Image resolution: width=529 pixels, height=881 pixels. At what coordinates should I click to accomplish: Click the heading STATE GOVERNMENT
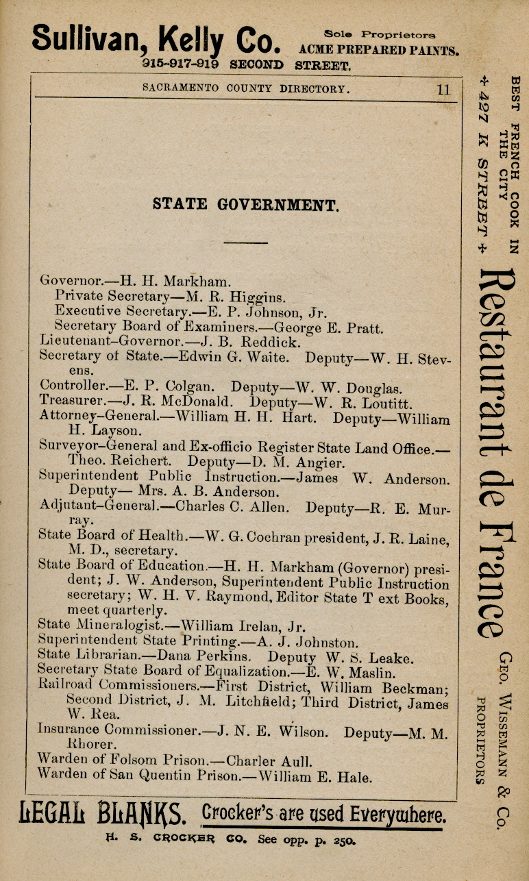[245, 204]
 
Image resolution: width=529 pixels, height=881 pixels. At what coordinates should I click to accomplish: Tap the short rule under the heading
[245, 242]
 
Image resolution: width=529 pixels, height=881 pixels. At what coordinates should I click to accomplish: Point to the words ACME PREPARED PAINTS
[380, 51]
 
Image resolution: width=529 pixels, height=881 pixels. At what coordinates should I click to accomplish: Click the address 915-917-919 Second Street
[247, 66]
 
